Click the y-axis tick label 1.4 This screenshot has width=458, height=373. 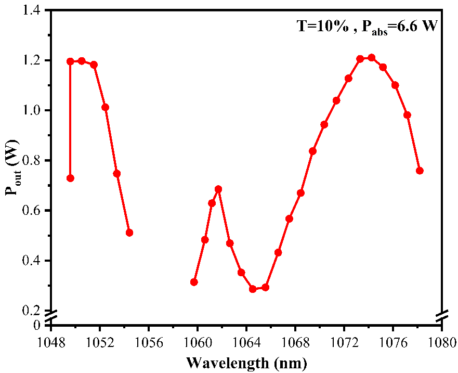tap(33, 10)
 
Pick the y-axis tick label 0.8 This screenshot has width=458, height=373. tap(33, 161)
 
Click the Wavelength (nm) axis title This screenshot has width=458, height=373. tap(246, 362)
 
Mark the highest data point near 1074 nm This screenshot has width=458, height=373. tap(371, 57)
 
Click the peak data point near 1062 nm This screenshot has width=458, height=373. tap(218, 189)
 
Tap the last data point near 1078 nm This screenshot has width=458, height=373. tap(420, 171)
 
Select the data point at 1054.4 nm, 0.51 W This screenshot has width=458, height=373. tap(129, 233)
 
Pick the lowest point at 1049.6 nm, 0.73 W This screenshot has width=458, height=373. tap(70, 178)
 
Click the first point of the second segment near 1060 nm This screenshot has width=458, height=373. tap(194, 282)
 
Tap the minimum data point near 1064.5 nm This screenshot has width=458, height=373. tap(253, 289)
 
